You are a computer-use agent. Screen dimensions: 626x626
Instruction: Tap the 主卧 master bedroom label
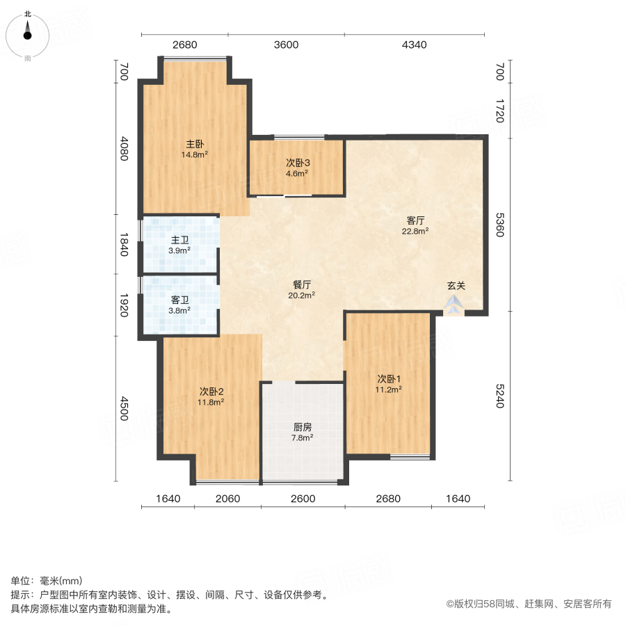pos(195,145)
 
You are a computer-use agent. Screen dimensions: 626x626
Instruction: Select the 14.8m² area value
pos(195,155)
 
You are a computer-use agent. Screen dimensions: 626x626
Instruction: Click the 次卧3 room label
pos(297,163)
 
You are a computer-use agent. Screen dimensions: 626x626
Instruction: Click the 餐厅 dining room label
pos(302,284)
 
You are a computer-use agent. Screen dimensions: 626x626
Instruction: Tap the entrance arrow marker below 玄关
pos(454,304)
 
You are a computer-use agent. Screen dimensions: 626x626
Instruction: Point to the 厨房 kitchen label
pos(302,427)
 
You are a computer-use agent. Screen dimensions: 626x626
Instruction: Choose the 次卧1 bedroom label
pos(390,379)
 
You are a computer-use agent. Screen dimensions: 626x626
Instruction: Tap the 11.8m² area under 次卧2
pos(211,401)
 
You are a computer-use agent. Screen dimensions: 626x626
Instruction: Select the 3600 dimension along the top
pos(286,45)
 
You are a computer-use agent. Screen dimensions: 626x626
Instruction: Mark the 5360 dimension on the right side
pos(498,225)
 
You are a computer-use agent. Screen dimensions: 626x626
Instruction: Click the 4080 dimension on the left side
pos(125,148)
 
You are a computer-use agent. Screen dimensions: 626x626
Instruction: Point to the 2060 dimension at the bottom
pos(227,499)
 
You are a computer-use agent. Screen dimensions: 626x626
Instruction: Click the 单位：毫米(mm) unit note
pos(47,581)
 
